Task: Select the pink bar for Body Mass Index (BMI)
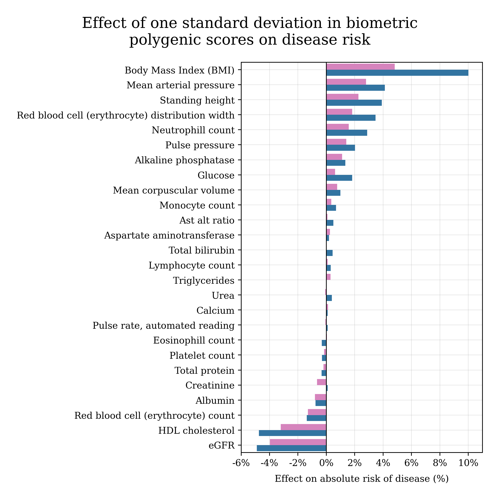coord(360,67)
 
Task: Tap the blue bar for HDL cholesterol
coord(293,433)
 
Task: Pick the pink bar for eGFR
coord(298,442)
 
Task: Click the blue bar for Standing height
coord(354,103)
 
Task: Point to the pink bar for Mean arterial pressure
coord(346,82)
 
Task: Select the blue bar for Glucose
coord(339,178)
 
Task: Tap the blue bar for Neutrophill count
coord(346,133)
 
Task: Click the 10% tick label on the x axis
coord(468,463)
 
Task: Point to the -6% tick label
coord(241,463)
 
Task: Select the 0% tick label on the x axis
coord(326,463)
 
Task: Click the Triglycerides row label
coord(204,280)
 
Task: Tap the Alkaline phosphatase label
coord(184,160)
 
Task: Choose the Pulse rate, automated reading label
coord(164,325)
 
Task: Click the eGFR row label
coord(221,446)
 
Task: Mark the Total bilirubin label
coord(202,250)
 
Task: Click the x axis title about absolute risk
coord(361,479)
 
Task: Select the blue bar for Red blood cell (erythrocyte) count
coord(316,418)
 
